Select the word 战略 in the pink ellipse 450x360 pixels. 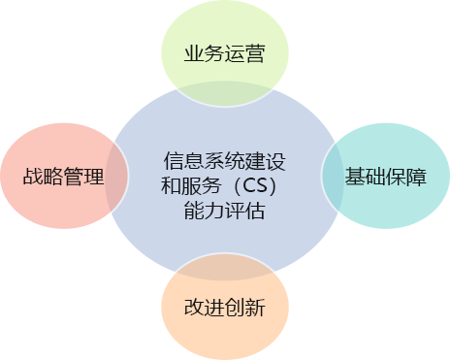click(x=44, y=178)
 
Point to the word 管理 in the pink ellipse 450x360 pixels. click(x=84, y=178)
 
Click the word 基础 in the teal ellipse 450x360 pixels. click(x=366, y=178)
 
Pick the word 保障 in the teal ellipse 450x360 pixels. click(x=406, y=178)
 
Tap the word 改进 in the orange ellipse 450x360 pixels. click(x=204, y=307)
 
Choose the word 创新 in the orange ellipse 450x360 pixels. click(x=244, y=307)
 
